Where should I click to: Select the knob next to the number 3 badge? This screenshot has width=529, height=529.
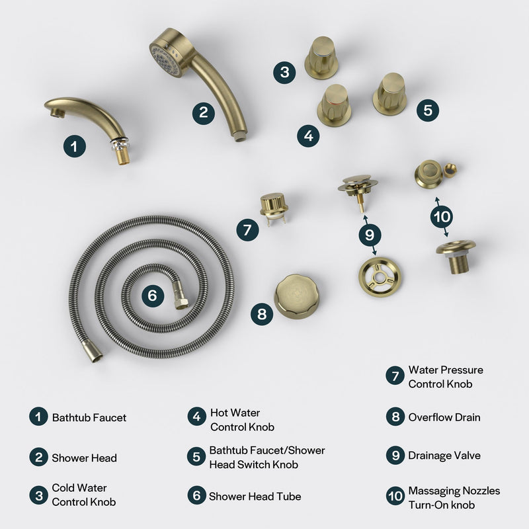click(321, 57)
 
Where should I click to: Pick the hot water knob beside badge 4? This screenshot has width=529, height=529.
click(334, 105)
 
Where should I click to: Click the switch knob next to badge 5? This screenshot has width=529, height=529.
click(390, 93)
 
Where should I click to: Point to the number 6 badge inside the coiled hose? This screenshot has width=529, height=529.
click(152, 296)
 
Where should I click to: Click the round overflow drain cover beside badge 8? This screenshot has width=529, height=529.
click(297, 296)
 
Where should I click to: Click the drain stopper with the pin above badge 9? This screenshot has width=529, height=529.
click(359, 188)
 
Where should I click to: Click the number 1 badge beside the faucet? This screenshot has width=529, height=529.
click(75, 145)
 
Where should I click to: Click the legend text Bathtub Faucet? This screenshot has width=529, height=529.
click(89, 417)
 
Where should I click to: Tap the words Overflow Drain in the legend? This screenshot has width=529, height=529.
click(444, 417)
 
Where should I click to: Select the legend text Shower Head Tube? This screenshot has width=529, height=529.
click(245, 496)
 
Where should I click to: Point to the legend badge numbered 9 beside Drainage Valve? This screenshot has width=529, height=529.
click(395, 456)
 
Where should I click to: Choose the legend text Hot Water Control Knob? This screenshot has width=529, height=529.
click(242, 419)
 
